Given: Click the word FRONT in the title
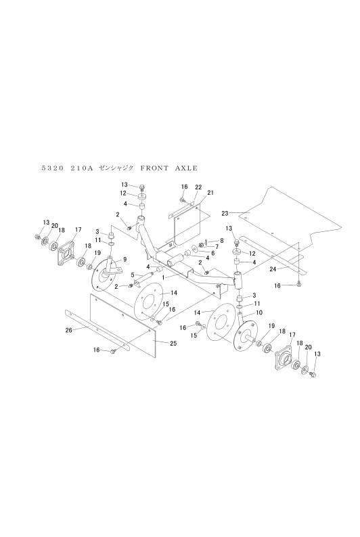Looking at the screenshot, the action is point(154,168).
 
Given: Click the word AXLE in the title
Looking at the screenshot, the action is point(186,168).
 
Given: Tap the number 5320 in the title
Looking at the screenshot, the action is point(52,168).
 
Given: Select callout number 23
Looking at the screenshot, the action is point(225,213).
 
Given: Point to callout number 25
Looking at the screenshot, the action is point(173,343).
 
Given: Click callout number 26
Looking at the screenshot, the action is point(69,331).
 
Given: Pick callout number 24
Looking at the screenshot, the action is point(273,269).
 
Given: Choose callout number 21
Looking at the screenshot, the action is point(210,193).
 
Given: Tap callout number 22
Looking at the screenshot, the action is point(198,187).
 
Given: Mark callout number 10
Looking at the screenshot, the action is point(259,312).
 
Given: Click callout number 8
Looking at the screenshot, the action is point(222,241).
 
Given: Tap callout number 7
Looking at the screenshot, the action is point(217,247).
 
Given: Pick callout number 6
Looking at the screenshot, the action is point(212,254).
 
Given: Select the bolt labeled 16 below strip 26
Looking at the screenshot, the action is point(114,351).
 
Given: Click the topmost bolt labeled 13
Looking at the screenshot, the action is point(143,187).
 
